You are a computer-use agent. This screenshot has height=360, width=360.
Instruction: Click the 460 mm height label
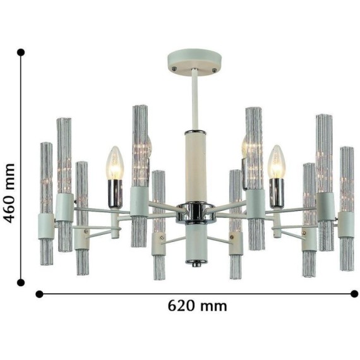coord(10,193)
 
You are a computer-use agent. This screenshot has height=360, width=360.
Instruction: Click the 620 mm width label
coord(198,306)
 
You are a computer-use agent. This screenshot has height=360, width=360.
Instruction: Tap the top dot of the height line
coord(21,52)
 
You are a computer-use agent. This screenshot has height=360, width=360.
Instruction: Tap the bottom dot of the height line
coord(21,282)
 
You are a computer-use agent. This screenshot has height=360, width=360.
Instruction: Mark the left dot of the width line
coord(40,294)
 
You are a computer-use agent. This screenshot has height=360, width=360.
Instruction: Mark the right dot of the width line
coord(354,294)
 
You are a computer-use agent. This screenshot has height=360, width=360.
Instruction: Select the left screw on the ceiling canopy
coord(175,68)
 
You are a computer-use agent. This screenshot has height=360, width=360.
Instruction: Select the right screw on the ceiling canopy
coord(215,70)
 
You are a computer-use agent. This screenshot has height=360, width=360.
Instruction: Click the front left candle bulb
coord(115,163)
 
